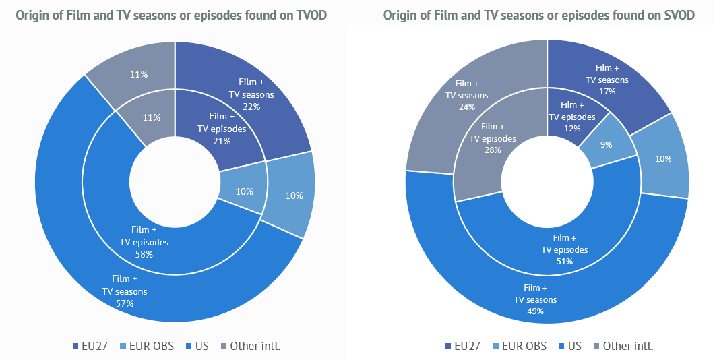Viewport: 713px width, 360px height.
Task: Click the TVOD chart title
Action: click(x=171, y=15)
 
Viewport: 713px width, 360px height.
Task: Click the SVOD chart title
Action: click(x=538, y=15)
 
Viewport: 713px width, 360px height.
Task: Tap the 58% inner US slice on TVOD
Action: click(x=145, y=241)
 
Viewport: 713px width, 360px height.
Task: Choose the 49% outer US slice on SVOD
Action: click(x=536, y=300)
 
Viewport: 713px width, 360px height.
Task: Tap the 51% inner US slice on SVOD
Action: click(x=565, y=249)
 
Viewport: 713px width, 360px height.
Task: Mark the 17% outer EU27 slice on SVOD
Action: click(x=607, y=80)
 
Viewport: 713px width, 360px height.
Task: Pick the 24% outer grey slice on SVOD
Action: click(x=466, y=95)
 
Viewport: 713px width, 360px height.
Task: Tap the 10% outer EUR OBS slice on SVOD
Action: click(x=664, y=159)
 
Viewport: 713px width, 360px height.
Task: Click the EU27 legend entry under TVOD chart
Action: click(x=88, y=346)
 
